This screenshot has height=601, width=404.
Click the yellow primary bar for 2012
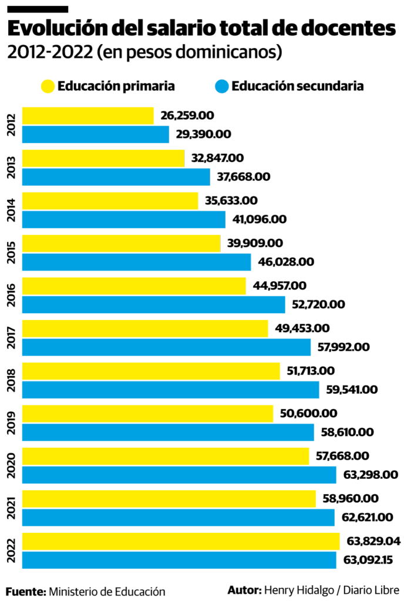87,116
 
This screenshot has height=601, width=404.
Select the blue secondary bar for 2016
153,304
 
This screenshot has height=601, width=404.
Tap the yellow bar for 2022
180,542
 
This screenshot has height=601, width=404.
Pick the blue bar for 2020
179,474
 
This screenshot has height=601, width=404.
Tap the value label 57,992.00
343,347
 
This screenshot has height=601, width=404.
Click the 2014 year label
12,210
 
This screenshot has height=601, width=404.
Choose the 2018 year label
12,380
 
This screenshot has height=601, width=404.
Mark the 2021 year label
12,508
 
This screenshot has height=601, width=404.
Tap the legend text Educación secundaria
298,86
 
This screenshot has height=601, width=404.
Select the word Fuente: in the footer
26,591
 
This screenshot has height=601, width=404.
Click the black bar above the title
38,9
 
